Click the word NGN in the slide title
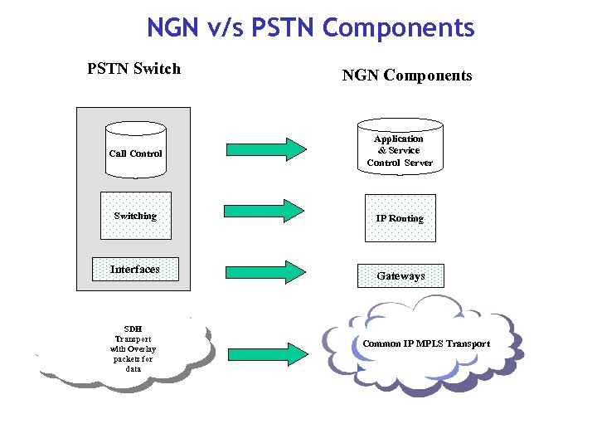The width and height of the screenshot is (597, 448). [x=172, y=27]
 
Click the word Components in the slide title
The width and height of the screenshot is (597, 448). [x=399, y=27]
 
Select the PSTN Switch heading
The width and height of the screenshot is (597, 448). [x=133, y=69]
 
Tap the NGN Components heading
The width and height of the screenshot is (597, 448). [x=407, y=75]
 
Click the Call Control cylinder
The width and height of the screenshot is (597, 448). [x=136, y=152]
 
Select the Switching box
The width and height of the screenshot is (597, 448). [x=135, y=216]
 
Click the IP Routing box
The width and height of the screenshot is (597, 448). [x=400, y=218]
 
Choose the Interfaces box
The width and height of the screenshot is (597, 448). [x=135, y=269]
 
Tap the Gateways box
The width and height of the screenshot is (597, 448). [x=400, y=275]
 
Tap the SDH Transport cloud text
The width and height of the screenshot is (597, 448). [x=133, y=348]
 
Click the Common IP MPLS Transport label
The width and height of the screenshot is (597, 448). [x=426, y=343]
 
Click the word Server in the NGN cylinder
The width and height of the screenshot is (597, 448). [x=419, y=163]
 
